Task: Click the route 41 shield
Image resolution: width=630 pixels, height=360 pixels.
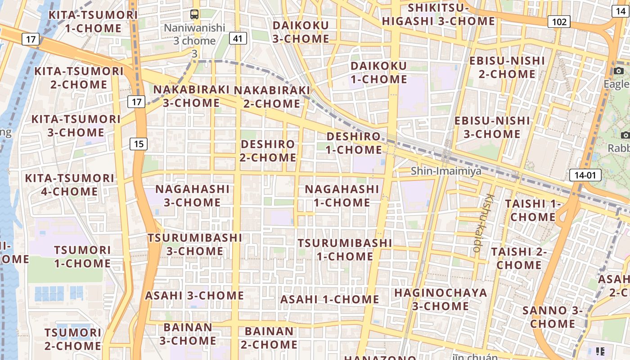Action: coord(238,39)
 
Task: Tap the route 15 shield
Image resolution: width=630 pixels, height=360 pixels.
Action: coord(139,144)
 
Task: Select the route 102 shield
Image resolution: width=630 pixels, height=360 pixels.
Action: coord(559,22)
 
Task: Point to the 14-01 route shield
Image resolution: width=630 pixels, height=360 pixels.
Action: coord(585,175)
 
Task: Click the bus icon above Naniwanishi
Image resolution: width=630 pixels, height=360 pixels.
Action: coord(194,14)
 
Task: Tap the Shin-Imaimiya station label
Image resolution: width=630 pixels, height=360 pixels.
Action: coord(446,171)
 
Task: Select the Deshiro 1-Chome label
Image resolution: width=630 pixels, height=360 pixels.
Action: coord(354,143)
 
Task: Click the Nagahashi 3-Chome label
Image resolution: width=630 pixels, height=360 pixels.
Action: coord(193,195)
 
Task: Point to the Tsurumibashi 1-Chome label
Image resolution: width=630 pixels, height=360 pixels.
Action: coord(345,249)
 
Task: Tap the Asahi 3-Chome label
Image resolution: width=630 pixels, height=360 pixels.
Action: coord(194,296)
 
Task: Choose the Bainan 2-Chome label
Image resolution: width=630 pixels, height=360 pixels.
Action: coord(271,338)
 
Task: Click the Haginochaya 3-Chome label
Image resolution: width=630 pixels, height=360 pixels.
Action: coord(441,299)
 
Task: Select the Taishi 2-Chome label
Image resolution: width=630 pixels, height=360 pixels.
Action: coord(519,258)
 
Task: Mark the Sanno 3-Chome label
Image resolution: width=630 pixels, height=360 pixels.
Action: coord(552,317)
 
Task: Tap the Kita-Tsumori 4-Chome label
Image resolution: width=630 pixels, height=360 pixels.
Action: coord(69,184)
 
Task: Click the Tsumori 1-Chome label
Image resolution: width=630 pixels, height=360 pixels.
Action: coord(82,256)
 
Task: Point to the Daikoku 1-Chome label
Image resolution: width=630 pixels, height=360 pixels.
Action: coord(378,72)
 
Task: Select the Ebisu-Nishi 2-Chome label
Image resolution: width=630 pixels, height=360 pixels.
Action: coord(507,67)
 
